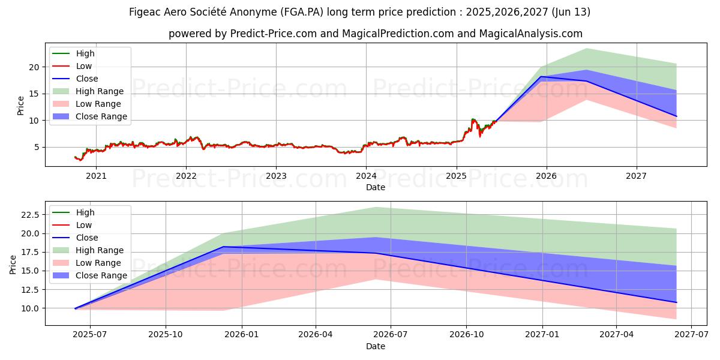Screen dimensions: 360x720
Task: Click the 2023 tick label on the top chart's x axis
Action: tap(276, 176)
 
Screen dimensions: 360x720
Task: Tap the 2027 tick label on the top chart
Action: tap(636, 176)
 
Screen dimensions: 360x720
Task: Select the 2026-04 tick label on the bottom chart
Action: tap(316, 335)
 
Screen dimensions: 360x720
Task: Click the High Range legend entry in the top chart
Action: tap(100, 91)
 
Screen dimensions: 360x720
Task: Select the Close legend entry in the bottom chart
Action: tap(87, 238)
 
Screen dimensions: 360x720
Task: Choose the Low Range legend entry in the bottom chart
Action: tap(98, 263)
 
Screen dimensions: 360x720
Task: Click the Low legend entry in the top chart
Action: tap(84, 66)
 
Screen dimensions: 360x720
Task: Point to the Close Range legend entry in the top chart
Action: tap(101, 116)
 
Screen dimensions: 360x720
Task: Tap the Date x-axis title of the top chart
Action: tap(376, 187)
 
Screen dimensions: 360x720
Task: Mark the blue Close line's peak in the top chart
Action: tap(541, 77)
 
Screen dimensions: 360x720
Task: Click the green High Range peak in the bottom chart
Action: tap(376, 208)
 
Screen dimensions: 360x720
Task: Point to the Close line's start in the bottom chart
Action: tap(75, 308)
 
